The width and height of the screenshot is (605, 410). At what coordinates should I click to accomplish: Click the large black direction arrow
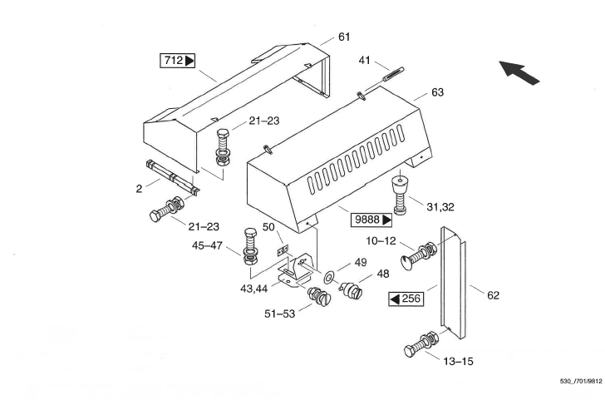point(519,72)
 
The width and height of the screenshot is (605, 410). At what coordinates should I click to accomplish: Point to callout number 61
point(344,37)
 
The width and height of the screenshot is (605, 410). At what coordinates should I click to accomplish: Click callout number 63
point(437,91)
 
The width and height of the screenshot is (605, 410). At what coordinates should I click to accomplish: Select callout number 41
point(364,60)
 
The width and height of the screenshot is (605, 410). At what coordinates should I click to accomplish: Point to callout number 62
point(493,294)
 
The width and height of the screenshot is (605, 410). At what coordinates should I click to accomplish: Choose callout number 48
point(383,274)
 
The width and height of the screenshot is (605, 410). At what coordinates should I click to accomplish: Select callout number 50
point(268,226)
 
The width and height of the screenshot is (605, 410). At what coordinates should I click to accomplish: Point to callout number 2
point(139,188)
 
